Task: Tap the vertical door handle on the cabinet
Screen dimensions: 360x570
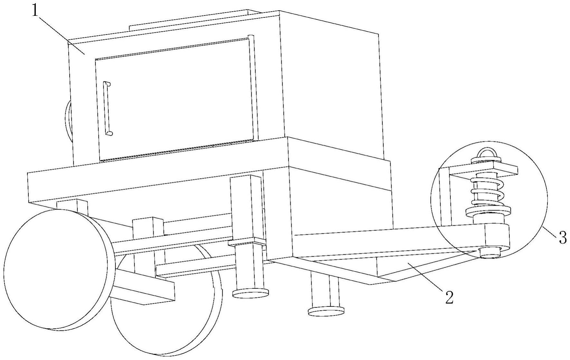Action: (x=107, y=108)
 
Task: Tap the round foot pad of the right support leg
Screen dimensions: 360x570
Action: (x=326, y=311)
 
